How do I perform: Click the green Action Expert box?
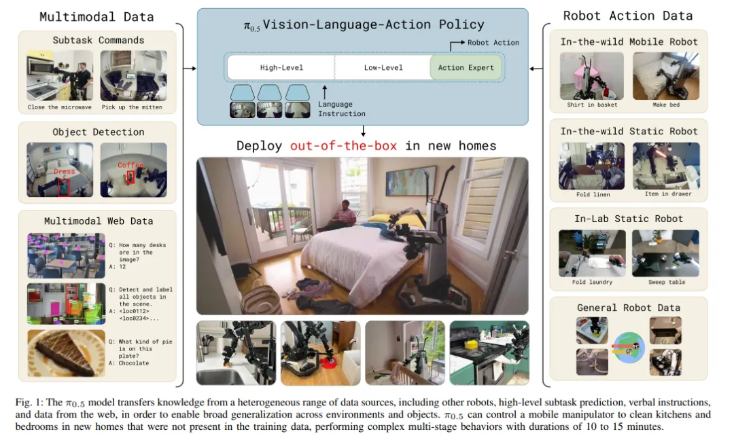coord(466,67)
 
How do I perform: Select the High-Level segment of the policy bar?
coord(281,67)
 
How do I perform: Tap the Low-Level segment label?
coord(383,67)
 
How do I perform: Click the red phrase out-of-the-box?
coord(344,145)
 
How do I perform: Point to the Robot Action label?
coord(493,43)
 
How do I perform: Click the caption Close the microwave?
coord(59,107)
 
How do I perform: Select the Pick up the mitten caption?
coord(132,107)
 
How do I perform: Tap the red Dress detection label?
coord(64,171)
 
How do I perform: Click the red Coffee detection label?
coord(130,165)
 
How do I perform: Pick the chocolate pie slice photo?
coord(66,353)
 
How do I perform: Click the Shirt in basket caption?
coord(592,105)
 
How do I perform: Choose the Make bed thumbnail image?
coord(666,75)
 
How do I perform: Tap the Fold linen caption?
coord(593,194)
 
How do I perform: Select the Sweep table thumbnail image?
coord(665,253)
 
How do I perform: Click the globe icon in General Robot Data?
coord(629,348)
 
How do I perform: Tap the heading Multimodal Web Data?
coord(99,221)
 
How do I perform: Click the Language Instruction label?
coord(342,109)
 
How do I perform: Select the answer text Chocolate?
coord(134,363)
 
